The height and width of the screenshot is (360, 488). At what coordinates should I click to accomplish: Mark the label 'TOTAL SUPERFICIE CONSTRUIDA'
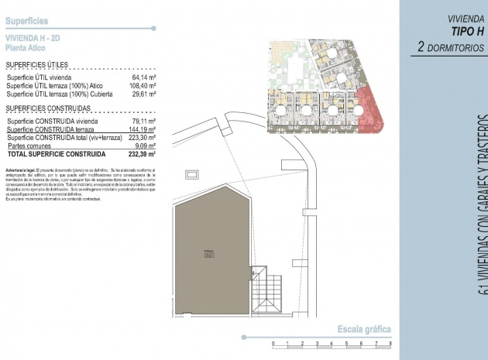tap(56, 154)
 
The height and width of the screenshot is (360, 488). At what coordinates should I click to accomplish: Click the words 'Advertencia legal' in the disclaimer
tap(21, 169)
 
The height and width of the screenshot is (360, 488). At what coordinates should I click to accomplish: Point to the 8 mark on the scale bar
tap(390, 344)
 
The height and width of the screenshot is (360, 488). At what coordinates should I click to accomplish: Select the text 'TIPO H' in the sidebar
tap(466, 31)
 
